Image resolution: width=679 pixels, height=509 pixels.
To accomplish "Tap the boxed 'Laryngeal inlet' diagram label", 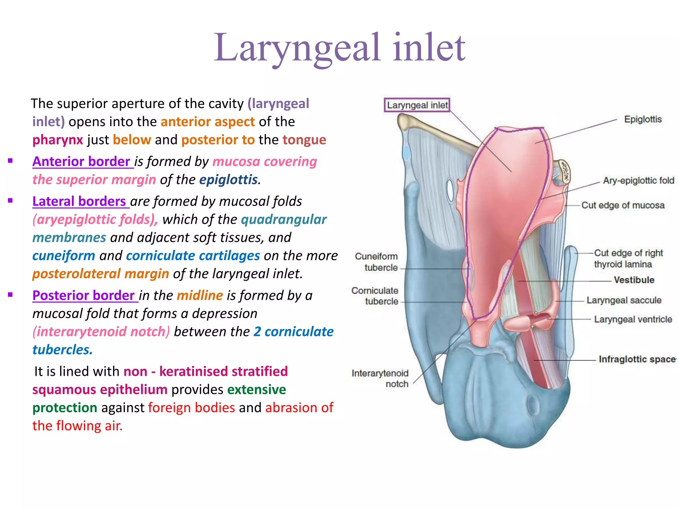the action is click(x=417, y=105).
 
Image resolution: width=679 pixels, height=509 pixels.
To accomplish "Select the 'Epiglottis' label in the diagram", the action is click(x=643, y=119).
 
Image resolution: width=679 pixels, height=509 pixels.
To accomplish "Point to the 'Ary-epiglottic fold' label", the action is click(x=638, y=181).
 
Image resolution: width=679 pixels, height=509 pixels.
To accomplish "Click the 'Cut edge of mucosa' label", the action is click(x=623, y=205).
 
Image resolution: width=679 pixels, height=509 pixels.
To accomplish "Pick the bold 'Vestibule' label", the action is click(x=634, y=280).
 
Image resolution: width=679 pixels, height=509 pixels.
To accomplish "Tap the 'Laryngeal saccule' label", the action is click(x=624, y=300).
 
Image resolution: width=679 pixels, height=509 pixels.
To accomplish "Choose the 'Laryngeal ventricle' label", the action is click(x=633, y=319).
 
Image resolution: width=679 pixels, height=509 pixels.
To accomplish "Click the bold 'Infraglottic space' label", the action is click(x=637, y=359).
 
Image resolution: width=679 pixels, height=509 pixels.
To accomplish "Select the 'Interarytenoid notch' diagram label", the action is click(x=380, y=378).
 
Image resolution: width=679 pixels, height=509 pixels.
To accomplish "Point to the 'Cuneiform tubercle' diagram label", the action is click(x=377, y=262).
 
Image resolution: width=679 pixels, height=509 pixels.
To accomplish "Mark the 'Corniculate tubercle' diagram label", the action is click(x=375, y=296).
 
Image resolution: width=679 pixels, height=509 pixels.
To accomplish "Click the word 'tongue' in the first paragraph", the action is click(x=304, y=140).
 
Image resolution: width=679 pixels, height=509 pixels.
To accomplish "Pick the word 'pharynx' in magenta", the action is click(x=58, y=140).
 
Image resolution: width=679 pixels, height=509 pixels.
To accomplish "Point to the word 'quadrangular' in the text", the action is click(x=283, y=219).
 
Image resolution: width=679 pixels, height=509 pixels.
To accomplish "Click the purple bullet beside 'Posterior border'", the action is click(x=10, y=295).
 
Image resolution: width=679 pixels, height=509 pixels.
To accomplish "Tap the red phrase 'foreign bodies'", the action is click(x=191, y=408).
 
